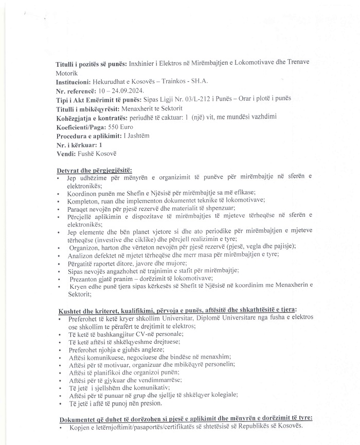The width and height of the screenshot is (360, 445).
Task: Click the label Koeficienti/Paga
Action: (81, 127)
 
